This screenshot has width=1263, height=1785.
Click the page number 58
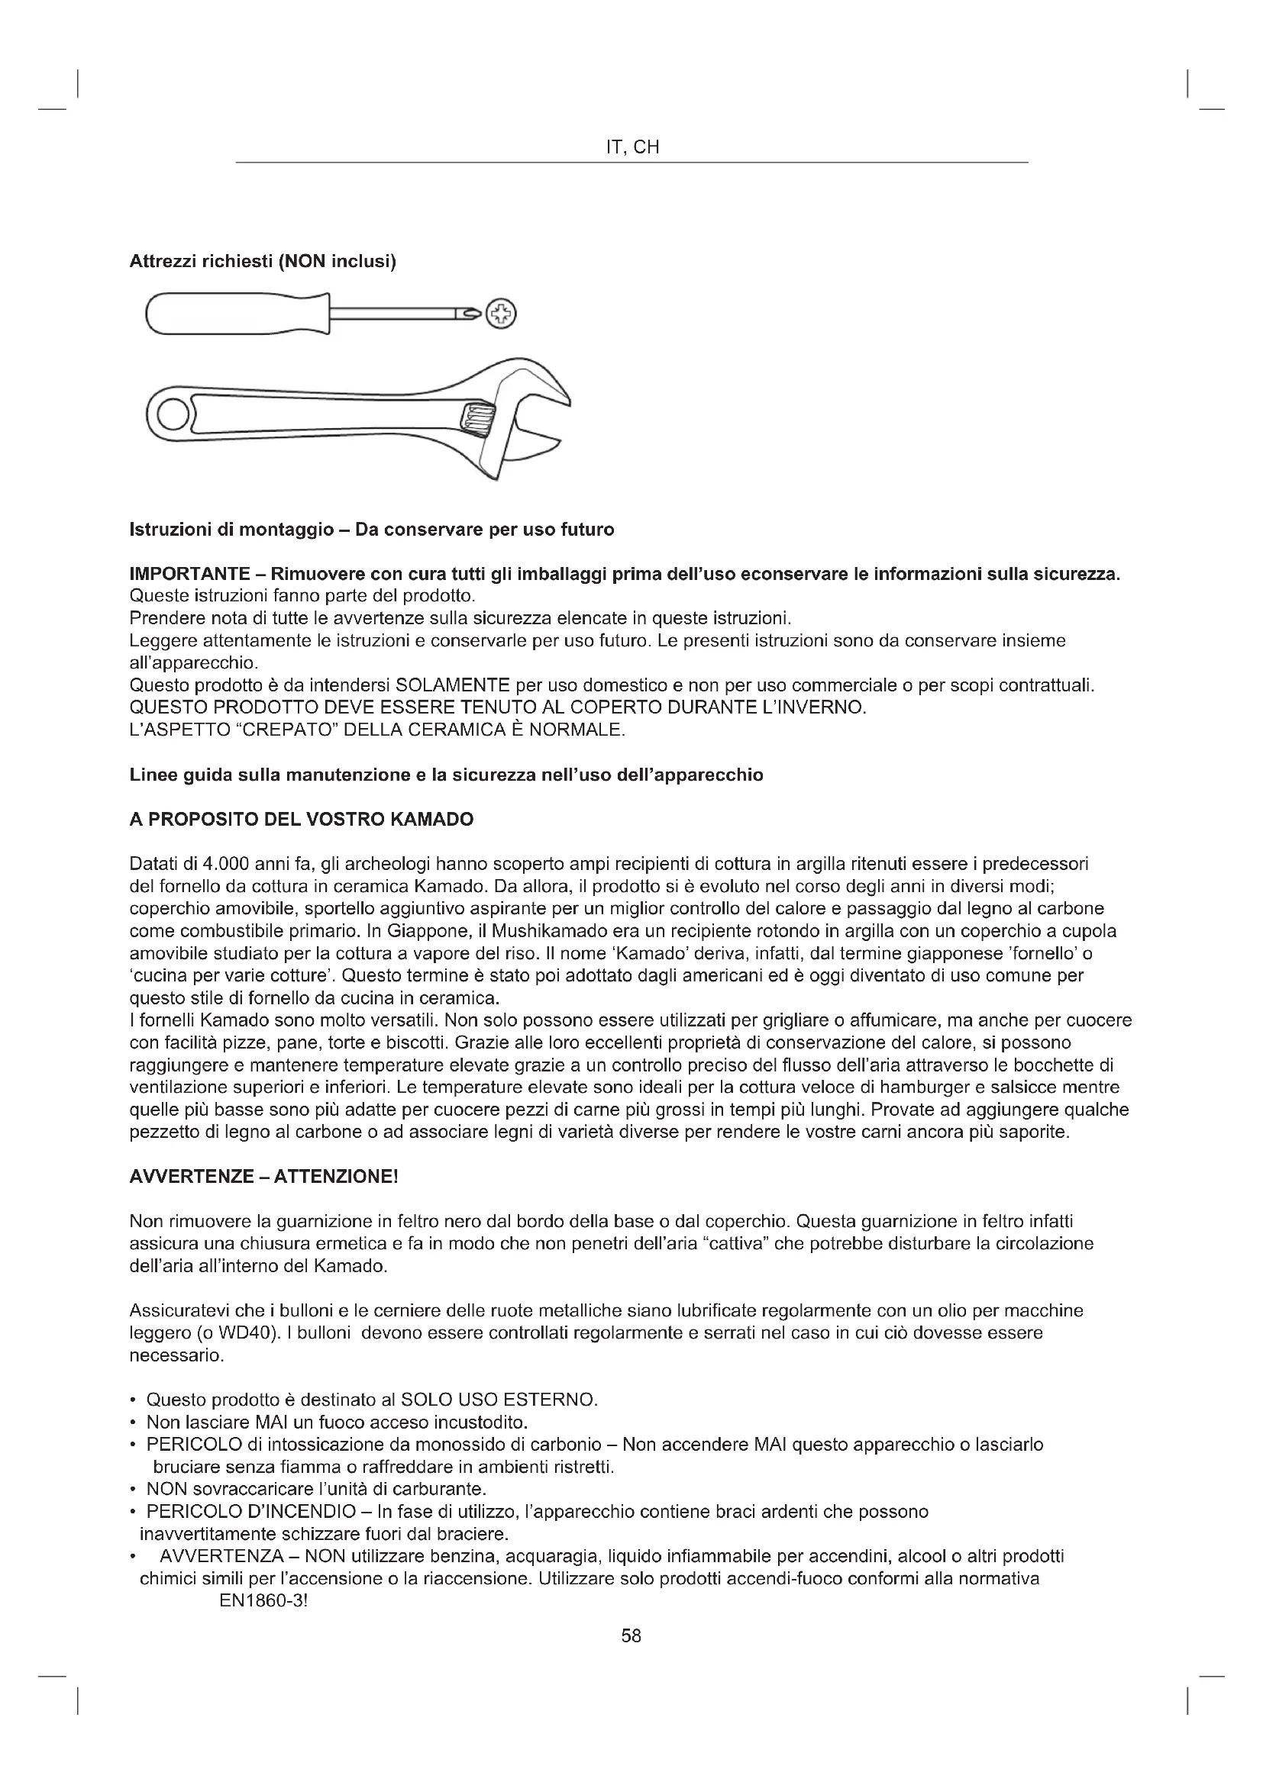point(631,1635)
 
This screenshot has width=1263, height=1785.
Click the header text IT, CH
point(631,148)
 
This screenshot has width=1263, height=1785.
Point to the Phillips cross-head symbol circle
point(501,314)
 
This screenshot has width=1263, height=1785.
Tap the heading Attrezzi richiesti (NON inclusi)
point(263,262)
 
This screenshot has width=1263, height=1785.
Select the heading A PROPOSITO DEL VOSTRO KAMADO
point(301,820)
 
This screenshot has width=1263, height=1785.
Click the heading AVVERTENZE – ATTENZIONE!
point(263,1176)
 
